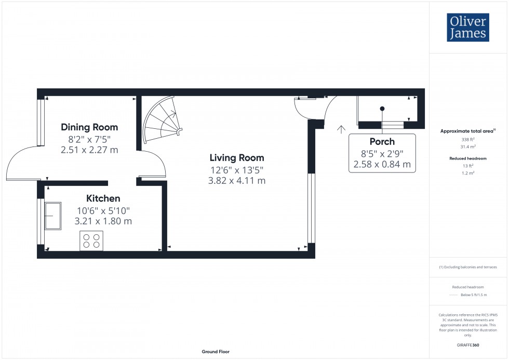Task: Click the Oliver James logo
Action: [468, 27]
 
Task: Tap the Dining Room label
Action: [89, 127]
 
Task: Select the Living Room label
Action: [236, 158]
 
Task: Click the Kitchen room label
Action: [103, 198]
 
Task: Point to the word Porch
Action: [382, 141]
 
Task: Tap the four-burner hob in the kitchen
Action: [91, 241]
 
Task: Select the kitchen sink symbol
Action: [53, 216]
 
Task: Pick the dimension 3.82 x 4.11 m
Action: [236, 181]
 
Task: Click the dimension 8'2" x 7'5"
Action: [89, 139]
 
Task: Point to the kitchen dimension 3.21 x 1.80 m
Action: [103, 221]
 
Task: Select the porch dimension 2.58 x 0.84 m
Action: [382, 165]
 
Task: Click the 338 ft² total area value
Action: [468, 140]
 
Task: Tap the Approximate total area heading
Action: [467, 131]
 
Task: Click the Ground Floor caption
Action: [216, 352]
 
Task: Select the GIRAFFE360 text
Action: [468, 344]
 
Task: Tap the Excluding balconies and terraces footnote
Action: [468, 267]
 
